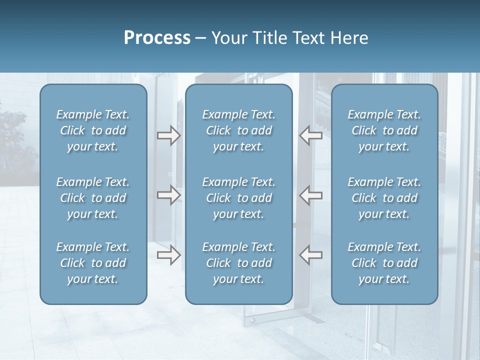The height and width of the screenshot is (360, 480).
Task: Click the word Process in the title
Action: click(x=157, y=38)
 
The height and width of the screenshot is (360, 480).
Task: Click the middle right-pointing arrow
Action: click(x=168, y=195)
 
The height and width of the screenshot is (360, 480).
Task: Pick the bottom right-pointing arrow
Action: click(x=168, y=255)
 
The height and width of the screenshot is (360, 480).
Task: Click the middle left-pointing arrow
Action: click(x=310, y=195)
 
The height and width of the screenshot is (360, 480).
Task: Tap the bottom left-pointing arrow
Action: click(x=310, y=255)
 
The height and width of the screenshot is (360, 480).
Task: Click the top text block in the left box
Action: click(x=93, y=130)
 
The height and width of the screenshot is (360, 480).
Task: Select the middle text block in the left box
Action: click(x=93, y=198)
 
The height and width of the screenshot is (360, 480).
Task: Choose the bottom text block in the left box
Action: click(x=93, y=263)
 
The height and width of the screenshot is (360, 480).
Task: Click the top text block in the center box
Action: click(x=238, y=130)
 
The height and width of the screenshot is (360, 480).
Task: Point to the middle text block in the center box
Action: click(x=238, y=198)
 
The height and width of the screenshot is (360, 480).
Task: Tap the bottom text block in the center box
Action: click(x=238, y=263)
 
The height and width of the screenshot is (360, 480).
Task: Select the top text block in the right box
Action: click(x=384, y=130)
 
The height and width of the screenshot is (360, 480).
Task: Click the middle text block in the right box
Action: click(x=384, y=198)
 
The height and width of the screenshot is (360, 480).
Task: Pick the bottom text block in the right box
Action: click(x=384, y=263)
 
